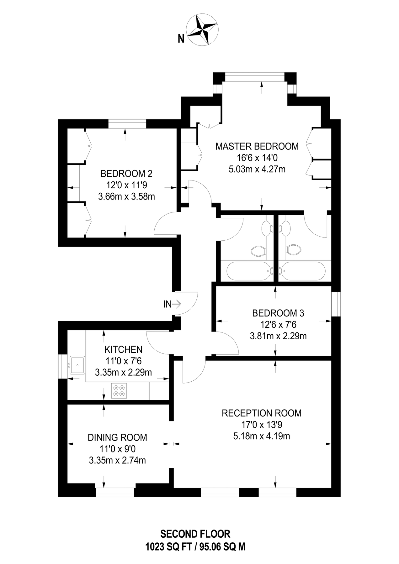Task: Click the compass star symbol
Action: pyautogui.click(x=202, y=30)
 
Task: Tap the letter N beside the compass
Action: pyautogui.click(x=181, y=39)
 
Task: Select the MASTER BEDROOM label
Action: pyautogui.click(x=257, y=146)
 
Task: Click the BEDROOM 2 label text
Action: pyautogui.click(x=126, y=173)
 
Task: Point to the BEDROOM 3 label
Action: pyautogui.click(x=278, y=313)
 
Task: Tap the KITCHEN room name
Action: pyautogui.click(x=123, y=349)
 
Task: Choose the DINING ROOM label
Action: pyautogui.click(x=117, y=437)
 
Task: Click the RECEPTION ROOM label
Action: pyautogui.click(x=261, y=413)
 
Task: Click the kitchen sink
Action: pyautogui.click(x=77, y=365)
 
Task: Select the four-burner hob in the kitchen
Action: pyautogui.click(x=119, y=391)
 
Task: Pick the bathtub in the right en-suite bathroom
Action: pyautogui.click(x=303, y=271)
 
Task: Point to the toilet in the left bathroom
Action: pyautogui.click(x=259, y=251)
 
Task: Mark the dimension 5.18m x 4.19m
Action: pyautogui.click(x=261, y=436)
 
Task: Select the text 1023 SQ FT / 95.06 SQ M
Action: pyautogui.click(x=195, y=547)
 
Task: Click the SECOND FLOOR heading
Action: pyautogui.click(x=195, y=534)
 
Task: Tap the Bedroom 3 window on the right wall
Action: pyautogui.click(x=336, y=304)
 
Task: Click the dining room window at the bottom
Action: pyautogui.click(x=115, y=492)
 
